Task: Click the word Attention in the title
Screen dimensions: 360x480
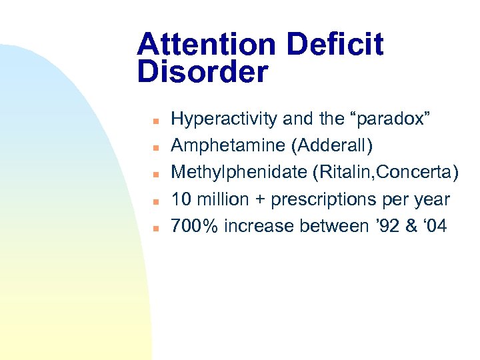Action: (x=207, y=45)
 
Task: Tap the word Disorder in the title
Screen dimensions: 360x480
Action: (x=203, y=72)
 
